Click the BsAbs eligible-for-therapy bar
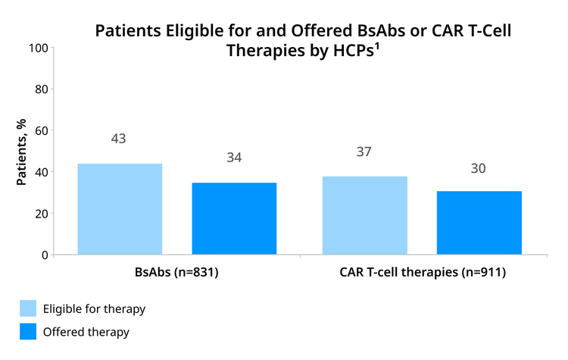(120, 209)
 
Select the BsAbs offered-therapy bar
(234, 218)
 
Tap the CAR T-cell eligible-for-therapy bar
(365, 215)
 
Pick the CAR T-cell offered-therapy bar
(479, 223)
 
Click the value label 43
(118, 139)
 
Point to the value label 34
(234, 158)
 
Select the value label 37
(364, 152)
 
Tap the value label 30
(478, 168)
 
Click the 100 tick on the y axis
(39, 48)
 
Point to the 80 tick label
(42, 89)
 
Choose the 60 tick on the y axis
(42, 130)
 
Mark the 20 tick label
(42, 214)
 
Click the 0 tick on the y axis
(45, 255)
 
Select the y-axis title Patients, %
(21, 152)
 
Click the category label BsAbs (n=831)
(176, 272)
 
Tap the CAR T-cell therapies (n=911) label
(423, 272)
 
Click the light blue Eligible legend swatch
(28, 308)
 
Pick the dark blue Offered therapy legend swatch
(28, 331)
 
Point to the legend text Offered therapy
(86, 332)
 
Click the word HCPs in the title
(353, 50)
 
